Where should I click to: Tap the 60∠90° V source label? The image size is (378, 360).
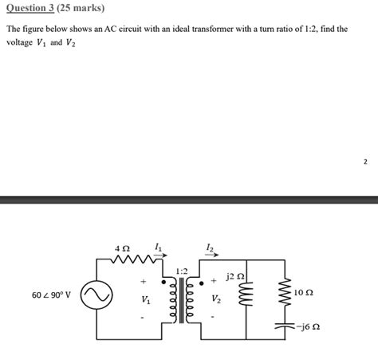click(51, 295)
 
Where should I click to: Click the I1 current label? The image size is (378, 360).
click(158, 247)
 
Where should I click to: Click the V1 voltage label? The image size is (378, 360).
click(145, 301)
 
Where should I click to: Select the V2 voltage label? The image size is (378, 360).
click(217, 301)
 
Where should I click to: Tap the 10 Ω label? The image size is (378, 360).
click(304, 292)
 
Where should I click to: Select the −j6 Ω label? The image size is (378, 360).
click(308, 326)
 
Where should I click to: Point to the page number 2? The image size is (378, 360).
click(365, 161)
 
